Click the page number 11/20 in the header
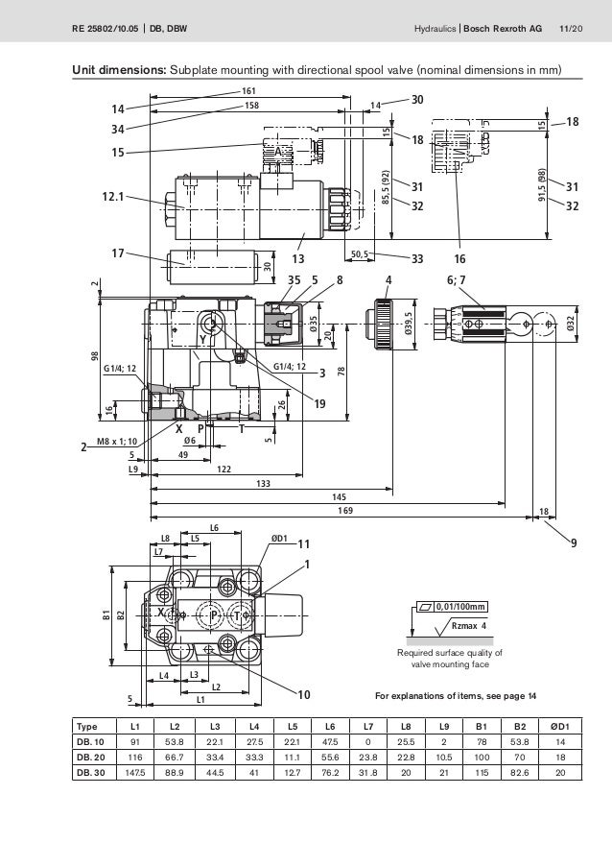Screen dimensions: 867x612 tap(569, 29)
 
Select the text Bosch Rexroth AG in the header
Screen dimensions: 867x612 tap(503, 29)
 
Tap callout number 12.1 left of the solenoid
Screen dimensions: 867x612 tap(113, 197)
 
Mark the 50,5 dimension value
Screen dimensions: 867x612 tap(362, 254)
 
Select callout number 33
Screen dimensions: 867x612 tap(417, 257)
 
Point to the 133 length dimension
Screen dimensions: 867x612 tap(263, 483)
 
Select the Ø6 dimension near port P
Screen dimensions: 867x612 tap(190, 441)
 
